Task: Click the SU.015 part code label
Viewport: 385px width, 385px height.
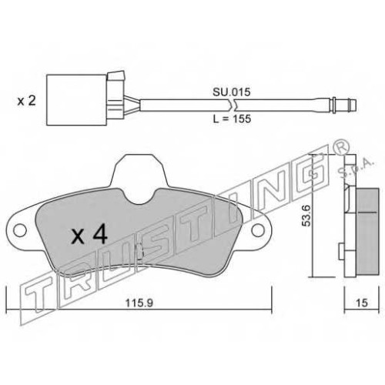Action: tap(231, 92)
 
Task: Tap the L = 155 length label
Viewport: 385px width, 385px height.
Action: tap(232, 119)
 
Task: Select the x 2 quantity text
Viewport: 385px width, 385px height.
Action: tap(27, 101)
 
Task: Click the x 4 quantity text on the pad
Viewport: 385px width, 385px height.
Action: tap(89, 235)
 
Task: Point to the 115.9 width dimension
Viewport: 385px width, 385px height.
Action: tap(139, 303)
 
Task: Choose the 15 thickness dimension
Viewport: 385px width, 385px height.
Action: tap(362, 303)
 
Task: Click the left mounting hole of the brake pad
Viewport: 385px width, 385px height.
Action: tap(20, 230)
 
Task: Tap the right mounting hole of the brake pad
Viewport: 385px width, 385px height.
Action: tap(258, 230)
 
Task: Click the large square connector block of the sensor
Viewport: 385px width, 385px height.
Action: tap(76, 100)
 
